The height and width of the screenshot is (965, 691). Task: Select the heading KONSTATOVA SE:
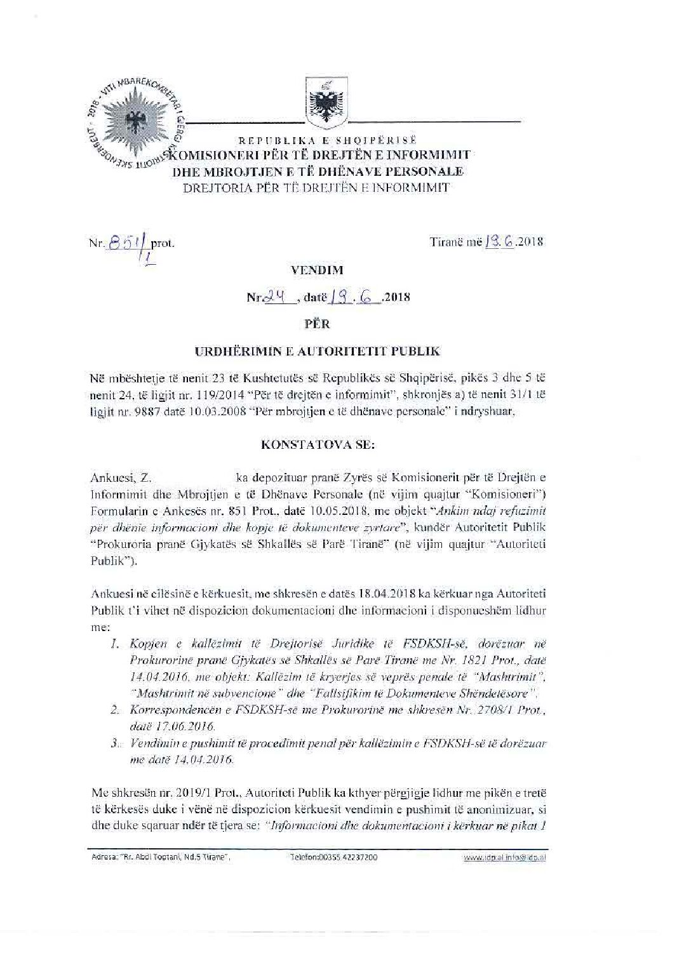coord(318,445)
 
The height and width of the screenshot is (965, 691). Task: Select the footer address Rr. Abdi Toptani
coord(156,857)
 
